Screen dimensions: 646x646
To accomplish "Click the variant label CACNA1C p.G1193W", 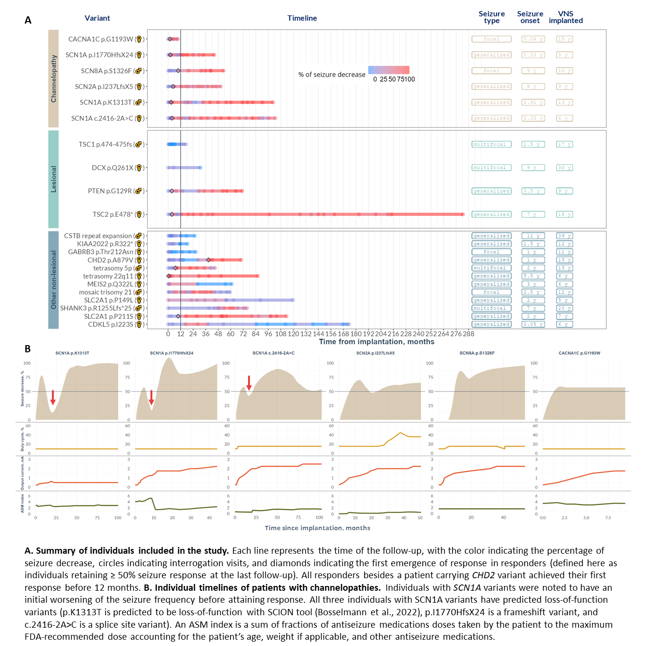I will [x=100, y=39].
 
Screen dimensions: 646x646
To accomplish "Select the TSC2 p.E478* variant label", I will [x=112, y=214].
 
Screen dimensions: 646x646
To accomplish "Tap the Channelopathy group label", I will [x=53, y=78].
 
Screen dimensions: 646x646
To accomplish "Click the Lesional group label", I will [x=53, y=179].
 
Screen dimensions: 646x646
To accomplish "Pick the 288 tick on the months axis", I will [x=469, y=334].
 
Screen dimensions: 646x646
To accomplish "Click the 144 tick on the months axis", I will [x=319, y=334].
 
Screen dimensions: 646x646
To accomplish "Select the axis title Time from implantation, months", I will [x=376, y=342].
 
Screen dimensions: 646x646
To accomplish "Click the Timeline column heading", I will [x=302, y=18].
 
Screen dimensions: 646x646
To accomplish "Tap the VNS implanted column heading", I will [x=566, y=17].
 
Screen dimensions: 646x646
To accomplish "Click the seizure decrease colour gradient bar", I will [x=389, y=70].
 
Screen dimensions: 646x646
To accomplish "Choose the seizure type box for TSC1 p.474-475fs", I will [x=491, y=144].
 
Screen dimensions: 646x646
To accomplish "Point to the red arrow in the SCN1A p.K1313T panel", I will [x=53, y=398].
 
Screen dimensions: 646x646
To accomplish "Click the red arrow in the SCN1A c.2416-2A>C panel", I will [x=249, y=383].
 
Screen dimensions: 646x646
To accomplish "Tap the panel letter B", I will [x=28, y=349].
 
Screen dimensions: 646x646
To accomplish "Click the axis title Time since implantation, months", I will [x=317, y=528].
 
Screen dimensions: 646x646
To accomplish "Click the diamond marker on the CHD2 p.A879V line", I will [x=208, y=260].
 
